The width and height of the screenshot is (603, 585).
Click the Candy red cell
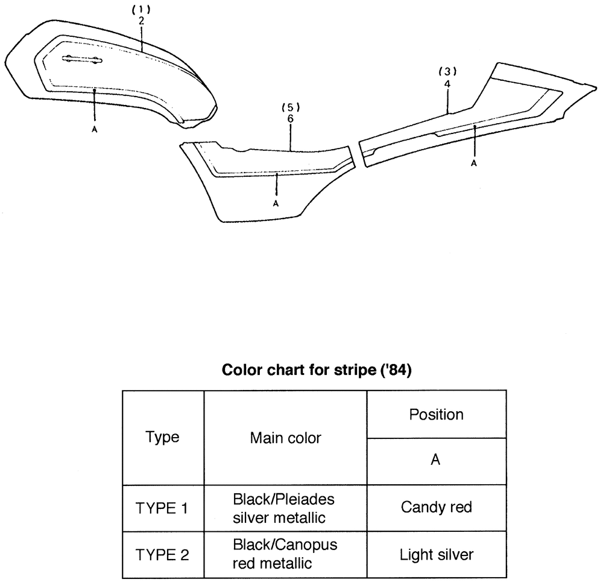(x=437, y=508)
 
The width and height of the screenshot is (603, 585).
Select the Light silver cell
(x=437, y=555)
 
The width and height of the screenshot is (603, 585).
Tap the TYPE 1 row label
(x=162, y=508)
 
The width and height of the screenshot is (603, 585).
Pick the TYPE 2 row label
(x=162, y=555)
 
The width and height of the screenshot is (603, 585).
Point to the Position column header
(x=436, y=415)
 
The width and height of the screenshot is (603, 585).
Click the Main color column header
(x=285, y=438)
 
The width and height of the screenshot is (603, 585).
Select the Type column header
(x=162, y=438)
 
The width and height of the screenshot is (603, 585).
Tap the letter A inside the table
(x=435, y=460)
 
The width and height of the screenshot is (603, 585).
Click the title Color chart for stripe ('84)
(x=317, y=370)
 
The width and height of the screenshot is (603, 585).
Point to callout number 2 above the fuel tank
(x=142, y=22)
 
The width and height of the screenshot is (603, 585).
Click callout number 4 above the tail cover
(x=447, y=84)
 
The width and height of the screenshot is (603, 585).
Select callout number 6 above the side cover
(x=291, y=118)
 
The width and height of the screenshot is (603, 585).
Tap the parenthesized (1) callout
(x=141, y=9)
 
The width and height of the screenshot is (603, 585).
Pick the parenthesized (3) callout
(x=447, y=72)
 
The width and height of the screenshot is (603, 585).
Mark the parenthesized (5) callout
(x=291, y=107)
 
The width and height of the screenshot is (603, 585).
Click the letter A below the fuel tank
(x=95, y=130)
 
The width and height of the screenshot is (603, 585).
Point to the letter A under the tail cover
(x=474, y=163)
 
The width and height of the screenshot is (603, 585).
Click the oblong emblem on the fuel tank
(x=82, y=59)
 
